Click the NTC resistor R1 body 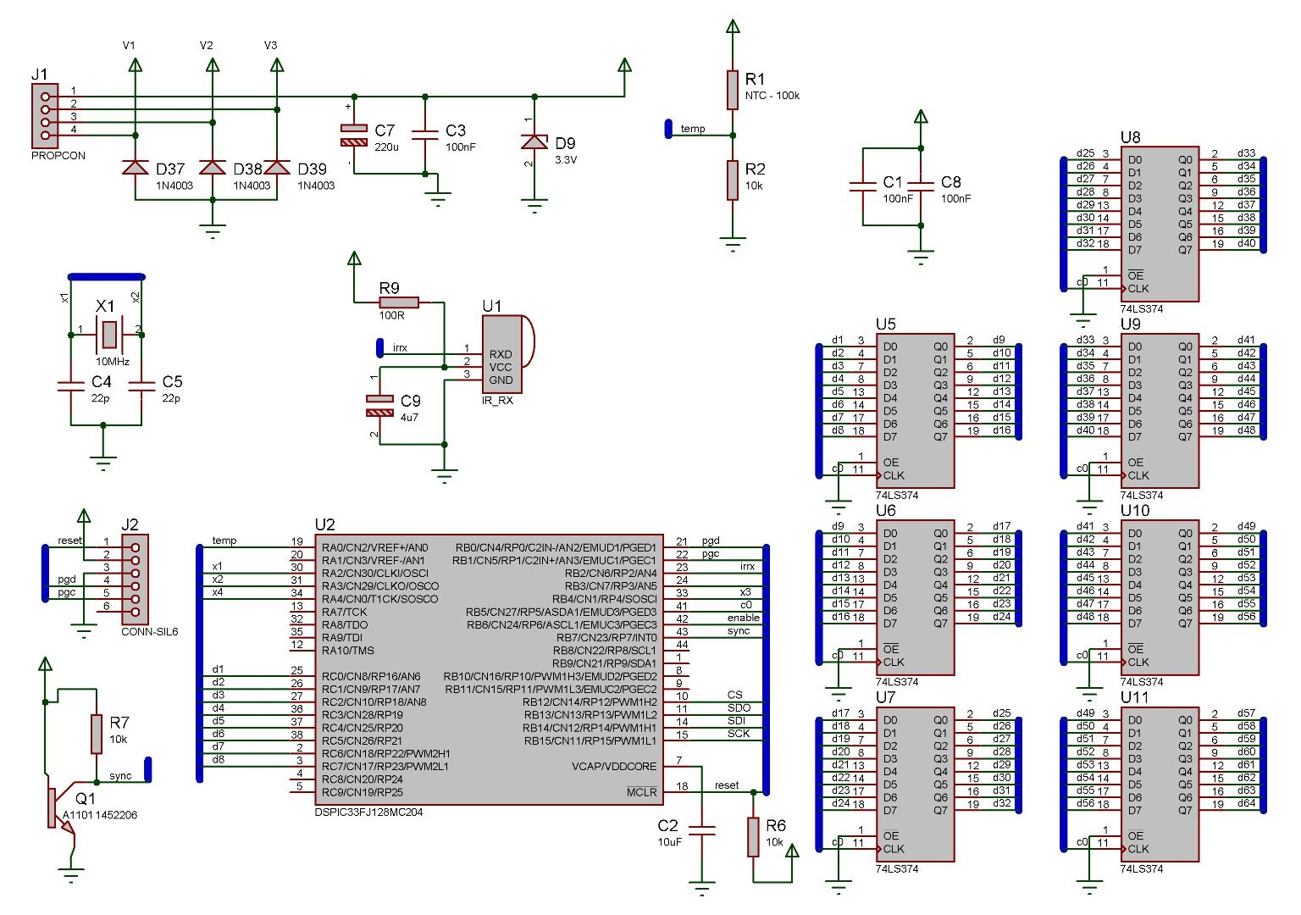(x=733, y=90)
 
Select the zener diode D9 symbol (x=534, y=141)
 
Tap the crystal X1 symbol (x=108, y=334)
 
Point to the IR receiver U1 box (x=502, y=354)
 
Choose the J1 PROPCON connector (x=45, y=115)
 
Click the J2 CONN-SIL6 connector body (x=135, y=579)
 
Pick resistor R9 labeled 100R (x=399, y=302)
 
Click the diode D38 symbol (x=212, y=167)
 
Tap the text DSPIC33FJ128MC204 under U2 (x=368, y=812)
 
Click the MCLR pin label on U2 (x=641, y=792)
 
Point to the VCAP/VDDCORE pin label (x=614, y=767)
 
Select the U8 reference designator (x=1130, y=137)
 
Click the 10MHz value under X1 (x=113, y=362)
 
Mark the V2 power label (x=207, y=46)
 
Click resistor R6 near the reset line (x=753, y=836)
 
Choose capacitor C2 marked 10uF (x=702, y=830)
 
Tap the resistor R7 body (x=97, y=734)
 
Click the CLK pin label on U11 (x=1138, y=849)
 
